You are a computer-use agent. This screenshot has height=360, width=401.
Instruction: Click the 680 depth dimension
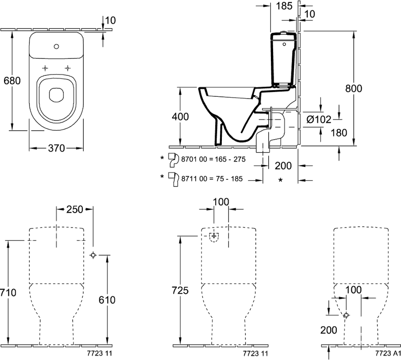[12, 81]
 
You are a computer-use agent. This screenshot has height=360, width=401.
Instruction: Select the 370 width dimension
[57, 148]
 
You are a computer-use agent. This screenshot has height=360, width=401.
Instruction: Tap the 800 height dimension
[354, 88]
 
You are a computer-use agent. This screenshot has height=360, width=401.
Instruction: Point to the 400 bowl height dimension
[180, 116]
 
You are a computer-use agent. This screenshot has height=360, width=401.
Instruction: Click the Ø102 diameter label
[319, 119]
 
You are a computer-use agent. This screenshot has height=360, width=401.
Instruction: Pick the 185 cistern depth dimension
[284, 6]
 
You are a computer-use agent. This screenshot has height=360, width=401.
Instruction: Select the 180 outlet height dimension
[339, 132]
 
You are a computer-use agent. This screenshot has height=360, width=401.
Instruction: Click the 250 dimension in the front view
[75, 209]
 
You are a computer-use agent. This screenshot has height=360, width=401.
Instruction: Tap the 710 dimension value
[8, 292]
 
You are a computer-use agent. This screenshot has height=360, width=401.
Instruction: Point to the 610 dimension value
[107, 300]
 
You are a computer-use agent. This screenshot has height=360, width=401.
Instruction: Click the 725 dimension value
[180, 290]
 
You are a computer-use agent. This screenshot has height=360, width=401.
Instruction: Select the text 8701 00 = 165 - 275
[213, 159]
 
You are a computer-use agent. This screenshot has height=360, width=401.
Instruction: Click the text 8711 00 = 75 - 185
[212, 178]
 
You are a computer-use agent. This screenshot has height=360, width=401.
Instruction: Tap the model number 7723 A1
[388, 353]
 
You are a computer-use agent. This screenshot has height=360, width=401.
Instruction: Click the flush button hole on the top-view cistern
[57, 46]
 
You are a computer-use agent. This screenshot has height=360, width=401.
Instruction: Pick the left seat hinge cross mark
[45, 68]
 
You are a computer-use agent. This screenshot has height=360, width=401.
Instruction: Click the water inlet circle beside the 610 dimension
[93, 255]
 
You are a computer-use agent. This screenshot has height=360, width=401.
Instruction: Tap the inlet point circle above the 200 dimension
[346, 315]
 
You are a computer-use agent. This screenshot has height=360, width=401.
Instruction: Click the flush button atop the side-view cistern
[284, 32]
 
